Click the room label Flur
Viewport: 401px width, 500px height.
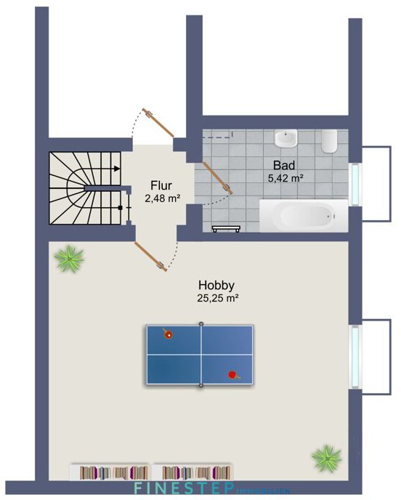coord(161,185)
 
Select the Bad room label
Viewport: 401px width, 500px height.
coord(283,164)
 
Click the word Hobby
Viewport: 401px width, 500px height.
coord(217,285)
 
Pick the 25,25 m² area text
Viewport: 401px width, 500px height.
coord(217,298)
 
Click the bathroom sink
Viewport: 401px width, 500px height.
coord(286,138)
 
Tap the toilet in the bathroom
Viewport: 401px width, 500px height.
coord(329,140)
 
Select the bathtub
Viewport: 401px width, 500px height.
coord(299,216)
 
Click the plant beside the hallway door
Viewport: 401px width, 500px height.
coord(70,257)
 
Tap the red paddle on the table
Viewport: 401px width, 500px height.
coord(233,375)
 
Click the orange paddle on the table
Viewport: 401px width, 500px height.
coord(169,334)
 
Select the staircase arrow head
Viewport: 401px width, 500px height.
coord(117,168)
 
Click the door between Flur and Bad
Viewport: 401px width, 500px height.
coord(216,179)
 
